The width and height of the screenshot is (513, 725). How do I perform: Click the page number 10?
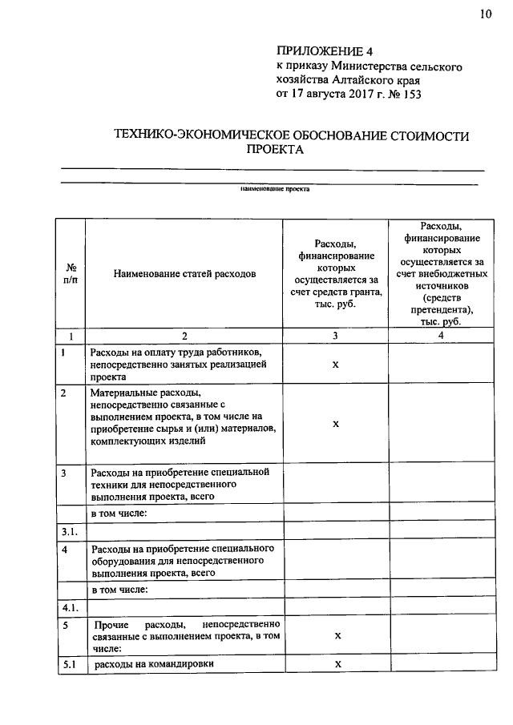[487, 13]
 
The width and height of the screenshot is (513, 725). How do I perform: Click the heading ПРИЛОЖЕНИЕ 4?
[318, 53]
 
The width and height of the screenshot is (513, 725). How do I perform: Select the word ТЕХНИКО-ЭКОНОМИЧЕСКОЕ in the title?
[200, 137]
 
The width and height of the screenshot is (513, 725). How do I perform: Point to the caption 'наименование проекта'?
[275, 190]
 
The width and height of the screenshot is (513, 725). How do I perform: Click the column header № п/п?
[71, 273]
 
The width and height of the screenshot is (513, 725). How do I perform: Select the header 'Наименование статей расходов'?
[184, 273]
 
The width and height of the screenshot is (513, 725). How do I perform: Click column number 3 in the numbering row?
[336, 336]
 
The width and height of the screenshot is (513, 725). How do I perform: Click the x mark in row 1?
[336, 364]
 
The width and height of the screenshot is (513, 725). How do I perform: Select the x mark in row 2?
[336, 423]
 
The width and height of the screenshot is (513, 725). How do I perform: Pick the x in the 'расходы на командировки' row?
[337, 664]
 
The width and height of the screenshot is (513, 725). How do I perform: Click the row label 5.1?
[68, 664]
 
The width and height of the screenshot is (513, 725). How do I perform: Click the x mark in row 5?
[337, 634]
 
